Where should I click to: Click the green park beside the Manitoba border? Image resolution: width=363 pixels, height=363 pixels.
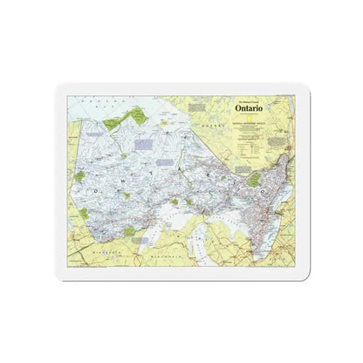coord(79,177)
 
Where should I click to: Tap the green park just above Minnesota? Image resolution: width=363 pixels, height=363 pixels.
coord(129,231)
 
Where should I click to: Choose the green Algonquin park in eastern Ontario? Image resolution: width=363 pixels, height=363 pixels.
coord(254,180)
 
